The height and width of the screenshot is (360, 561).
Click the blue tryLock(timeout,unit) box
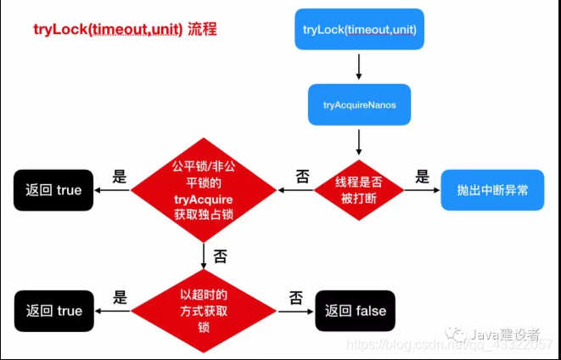[x=359, y=30]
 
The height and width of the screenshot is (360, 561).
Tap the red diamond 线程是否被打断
[x=359, y=189]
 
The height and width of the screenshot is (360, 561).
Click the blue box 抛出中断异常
[x=492, y=189]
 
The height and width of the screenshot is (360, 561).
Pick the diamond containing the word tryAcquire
[x=204, y=189]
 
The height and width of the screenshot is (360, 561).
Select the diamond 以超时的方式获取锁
[x=204, y=310]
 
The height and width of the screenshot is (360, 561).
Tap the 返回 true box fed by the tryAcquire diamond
[x=53, y=189]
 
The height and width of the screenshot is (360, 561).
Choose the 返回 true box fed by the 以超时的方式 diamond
[x=53, y=310]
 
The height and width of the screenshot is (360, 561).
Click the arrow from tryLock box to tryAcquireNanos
[x=359, y=66]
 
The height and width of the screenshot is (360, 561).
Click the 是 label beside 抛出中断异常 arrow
[x=422, y=177]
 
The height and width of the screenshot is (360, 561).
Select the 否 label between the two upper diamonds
[x=302, y=177]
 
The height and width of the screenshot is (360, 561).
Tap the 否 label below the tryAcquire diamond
[x=219, y=256]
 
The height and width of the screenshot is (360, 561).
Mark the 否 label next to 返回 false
[x=295, y=297]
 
